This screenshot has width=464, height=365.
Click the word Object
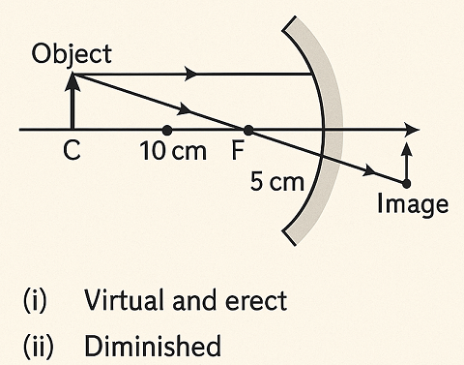tap(72, 53)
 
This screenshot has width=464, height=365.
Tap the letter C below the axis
tap(72, 152)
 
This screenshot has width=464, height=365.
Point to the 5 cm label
tap(276, 182)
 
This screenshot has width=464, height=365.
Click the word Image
tap(412, 204)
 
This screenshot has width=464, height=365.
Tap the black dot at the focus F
tap(248, 130)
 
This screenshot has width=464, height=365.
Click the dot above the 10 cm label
tap(167, 130)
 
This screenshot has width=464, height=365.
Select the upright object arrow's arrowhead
tap(72, 80)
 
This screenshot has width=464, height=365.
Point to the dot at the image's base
tap(406, 183)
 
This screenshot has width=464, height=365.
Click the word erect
tap(256, 300)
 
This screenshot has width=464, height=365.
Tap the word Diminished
tap(152, 345)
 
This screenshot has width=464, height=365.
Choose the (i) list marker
tap(33, 300)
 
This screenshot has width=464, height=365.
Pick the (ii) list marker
tap(37, 345)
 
